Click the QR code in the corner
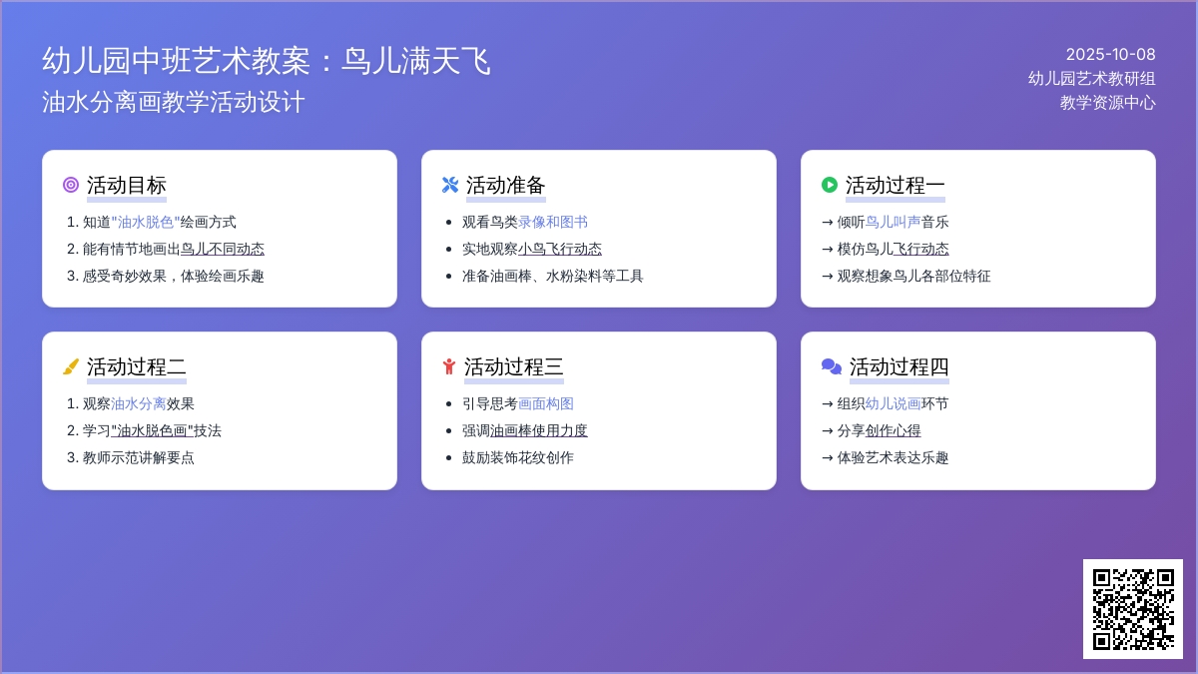(1133, 609)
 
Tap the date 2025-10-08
(1110, 55)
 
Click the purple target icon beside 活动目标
(71, 185)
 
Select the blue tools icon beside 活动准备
(450, 185)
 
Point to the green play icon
(830, 185)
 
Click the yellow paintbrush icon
(71, 367)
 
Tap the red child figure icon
(449, 367)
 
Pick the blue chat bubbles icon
(832, 367)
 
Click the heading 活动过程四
(899, 367)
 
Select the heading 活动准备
(505, 185)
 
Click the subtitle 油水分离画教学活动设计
(174, 102)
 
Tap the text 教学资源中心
(1107, 103)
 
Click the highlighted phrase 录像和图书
(552, 222)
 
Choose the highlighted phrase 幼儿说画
(893, 403)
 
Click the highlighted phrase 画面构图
(545, 403)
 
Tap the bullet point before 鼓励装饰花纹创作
(448, 458)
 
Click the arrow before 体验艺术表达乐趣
(828, 458)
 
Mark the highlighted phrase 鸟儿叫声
(893, 222)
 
